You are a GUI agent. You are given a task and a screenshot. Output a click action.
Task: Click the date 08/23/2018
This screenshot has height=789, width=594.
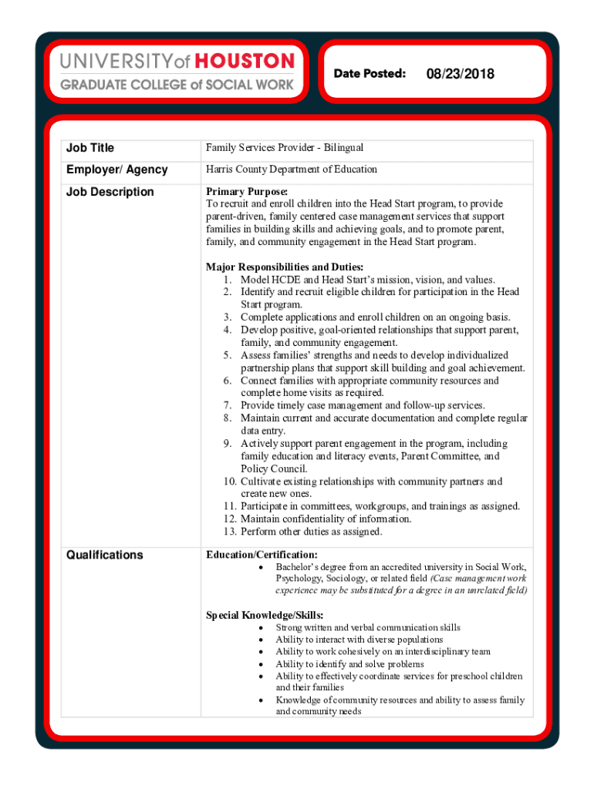click(x=460, y=74)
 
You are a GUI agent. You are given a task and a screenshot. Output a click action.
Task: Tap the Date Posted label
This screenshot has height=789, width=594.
click(x=370, y=73)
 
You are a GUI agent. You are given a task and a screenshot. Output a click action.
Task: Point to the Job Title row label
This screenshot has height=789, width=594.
click(x=90, y=148)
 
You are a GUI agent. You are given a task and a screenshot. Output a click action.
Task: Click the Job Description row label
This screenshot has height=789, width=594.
click(x=110, y=192)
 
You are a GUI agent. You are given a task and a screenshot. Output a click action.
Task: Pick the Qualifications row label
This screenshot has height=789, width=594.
click(x=105, y=555)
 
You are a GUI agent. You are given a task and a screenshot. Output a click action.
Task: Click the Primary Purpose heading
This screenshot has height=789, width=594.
click(x=247, y=191)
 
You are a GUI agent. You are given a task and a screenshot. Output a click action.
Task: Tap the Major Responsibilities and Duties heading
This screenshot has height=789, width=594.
click(x=285, y=267)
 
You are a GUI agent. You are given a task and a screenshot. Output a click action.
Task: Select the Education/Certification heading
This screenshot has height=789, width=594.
click(x=262, y=554)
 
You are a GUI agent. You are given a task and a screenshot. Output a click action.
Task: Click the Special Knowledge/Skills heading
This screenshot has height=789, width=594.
click(x=265, y=615)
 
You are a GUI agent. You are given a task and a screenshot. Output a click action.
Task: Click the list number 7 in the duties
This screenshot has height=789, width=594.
click(x=228, y=405)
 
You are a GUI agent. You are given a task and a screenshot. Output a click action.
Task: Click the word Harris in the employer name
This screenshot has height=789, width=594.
click(x=219, y=170)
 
